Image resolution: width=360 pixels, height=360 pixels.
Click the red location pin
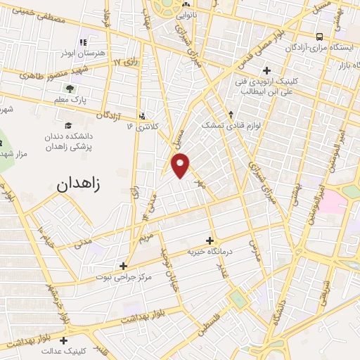[x=181, y=165]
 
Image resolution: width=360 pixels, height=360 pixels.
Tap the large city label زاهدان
[x=77, y=185]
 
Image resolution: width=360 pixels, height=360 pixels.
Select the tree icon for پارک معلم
[x=70, y=88]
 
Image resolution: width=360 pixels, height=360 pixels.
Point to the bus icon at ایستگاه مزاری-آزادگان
[x=320, y=36]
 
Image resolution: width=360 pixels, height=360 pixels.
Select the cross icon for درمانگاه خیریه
[x=210, y=240]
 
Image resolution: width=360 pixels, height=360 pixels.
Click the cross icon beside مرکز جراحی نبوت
[x=123, y=266]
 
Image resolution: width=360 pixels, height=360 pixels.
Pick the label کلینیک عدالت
[x=64, y=349]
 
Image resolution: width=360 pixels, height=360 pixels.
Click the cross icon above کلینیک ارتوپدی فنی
[x=266, y=70]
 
